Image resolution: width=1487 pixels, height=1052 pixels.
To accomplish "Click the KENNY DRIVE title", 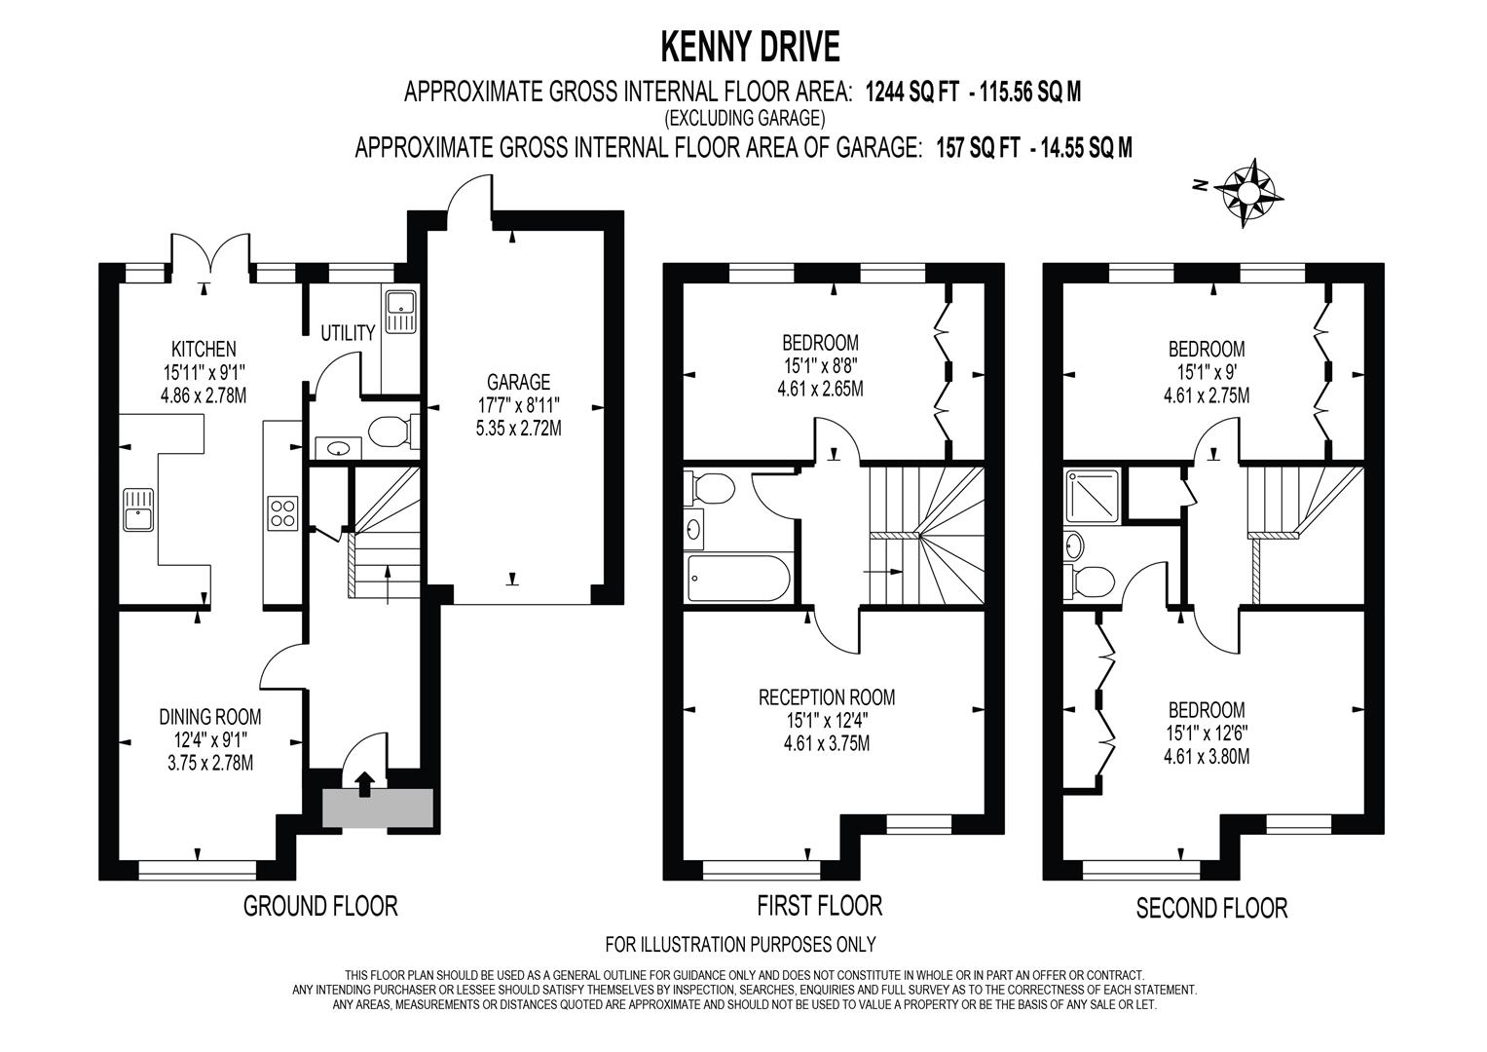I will tap(750, 45).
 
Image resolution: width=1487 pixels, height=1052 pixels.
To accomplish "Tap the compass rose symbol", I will tap(1246, 192).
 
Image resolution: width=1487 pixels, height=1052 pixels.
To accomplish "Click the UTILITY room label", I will tap(348, 333).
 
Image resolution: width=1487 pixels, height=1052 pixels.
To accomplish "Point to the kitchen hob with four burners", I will tap(282, 512).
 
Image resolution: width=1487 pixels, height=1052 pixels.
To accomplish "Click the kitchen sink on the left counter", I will tap(138, 507).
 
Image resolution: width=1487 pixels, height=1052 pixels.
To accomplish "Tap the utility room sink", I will tap(400, 311).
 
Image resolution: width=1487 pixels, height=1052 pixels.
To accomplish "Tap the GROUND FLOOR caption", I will tap(320, 906).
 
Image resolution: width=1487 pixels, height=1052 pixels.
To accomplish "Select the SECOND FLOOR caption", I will tap(1211, 908).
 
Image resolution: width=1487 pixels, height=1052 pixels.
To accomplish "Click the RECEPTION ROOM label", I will tap(826, 697).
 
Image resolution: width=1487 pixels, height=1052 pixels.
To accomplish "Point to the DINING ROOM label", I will tap(210, 717).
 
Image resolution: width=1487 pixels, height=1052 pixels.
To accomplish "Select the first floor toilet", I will tap(709, 488).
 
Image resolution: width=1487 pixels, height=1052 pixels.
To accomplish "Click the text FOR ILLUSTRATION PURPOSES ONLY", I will tap(740, 944).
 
